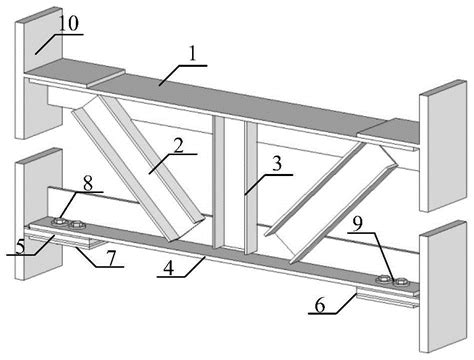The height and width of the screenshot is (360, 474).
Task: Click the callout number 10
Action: pyautogui.click(x=69, y=23)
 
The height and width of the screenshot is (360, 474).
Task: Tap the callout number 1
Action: pyautogui.click(x=192, y=53)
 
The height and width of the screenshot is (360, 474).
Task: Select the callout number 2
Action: pyautogui.click(x=179, y=145)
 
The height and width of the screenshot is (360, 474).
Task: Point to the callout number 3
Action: pyautogui.click(x=277, y=164)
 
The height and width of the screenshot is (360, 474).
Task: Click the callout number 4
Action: pyautogui.click(x=169, y=268)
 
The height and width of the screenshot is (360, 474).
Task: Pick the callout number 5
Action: pyautogui.click(x=20, y=247)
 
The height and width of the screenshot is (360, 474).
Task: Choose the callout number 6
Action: pyautogui.click(x=320, y=305)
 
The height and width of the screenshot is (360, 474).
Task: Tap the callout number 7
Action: pyautogui.click(x=111, y=258)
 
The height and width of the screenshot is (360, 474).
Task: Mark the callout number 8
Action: pyautogui.click(x=88, y=184)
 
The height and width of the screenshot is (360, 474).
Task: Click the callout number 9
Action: pyautogui.click(x=357, y=224)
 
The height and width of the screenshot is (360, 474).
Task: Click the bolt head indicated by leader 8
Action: pyautogui.click(x=59, y=221)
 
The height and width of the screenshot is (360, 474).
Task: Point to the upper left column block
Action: pyautogui.click(x=39, y=72)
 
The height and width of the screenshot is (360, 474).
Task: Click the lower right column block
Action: pyautogui.click(x=443, y=287)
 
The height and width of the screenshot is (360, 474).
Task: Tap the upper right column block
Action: pyautogui.click(x=443, y=146)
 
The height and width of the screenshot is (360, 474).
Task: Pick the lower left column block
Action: pyautogui.click(x=39, y=213)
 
